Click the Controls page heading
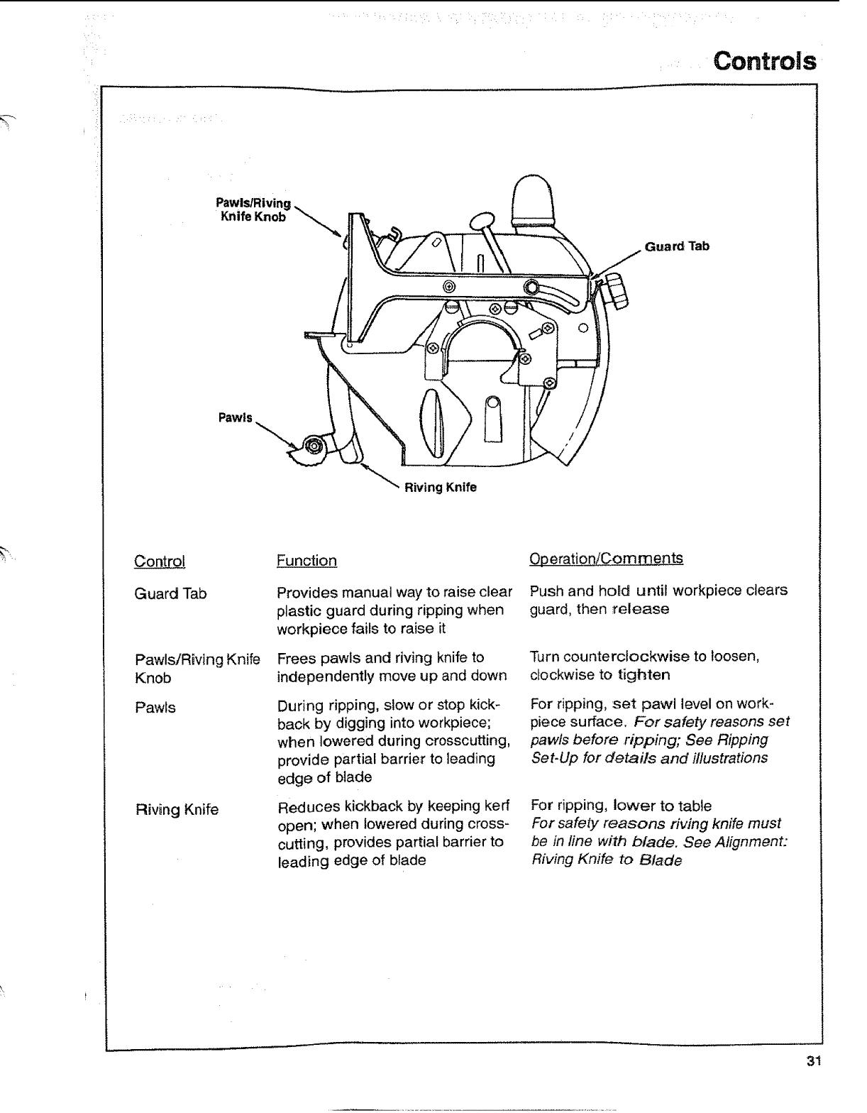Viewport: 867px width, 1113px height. coord(764,61)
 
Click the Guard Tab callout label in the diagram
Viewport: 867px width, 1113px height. coord(676,246)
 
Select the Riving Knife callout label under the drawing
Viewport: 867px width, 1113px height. coord(440,488)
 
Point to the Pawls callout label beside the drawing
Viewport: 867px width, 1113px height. coord(235,417)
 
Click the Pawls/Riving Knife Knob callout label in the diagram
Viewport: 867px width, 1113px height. coord(253,211)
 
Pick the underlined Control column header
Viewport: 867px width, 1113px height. coord(160,561)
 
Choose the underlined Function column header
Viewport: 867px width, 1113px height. coord(307,561)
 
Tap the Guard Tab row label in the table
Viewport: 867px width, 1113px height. coord(170,593)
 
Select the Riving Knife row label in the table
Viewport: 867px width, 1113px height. coord(177,809)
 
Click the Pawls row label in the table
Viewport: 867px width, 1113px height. coord(155,708)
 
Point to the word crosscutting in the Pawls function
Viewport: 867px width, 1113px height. coord(463,741)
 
